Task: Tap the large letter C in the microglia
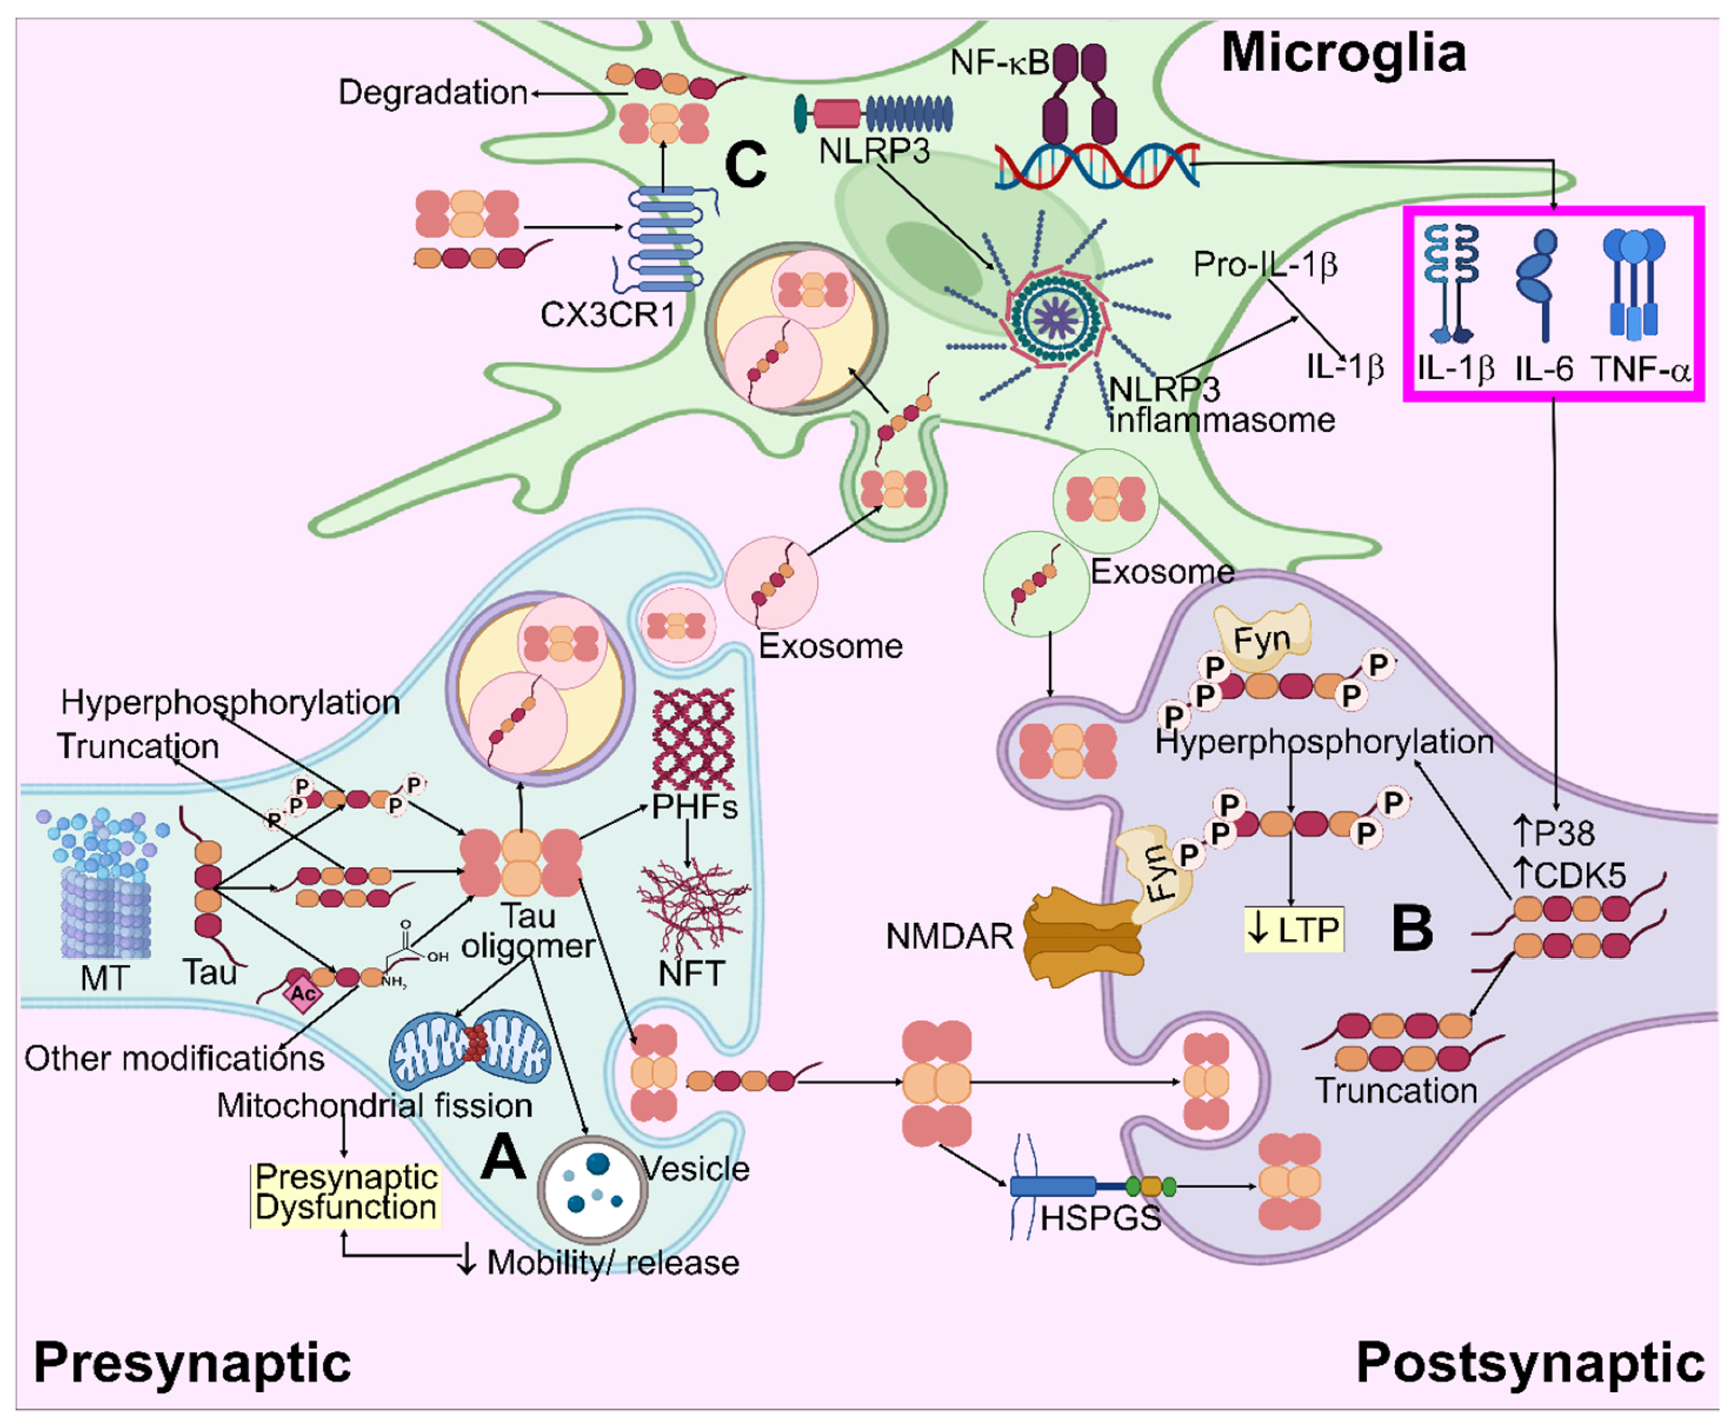745,164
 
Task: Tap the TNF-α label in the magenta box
1641,370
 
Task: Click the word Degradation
433,92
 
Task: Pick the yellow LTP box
1294,930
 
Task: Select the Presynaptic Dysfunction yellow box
345,1193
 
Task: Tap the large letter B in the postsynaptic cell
1411,928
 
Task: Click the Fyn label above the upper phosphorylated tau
1262,640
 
